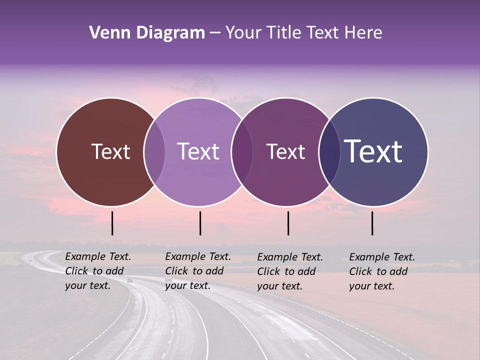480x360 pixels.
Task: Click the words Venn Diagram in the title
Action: tap(147, 33)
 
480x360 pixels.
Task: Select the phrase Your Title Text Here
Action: tap(303, 33)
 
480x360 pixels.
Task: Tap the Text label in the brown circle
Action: tap(110, 151)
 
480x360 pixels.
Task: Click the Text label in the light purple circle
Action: tap(198, 151)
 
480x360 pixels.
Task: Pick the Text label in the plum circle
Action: tap(285, 151)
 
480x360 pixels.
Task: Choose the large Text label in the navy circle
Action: tap(373, 151)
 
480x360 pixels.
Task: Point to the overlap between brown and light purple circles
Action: tap(154, 151)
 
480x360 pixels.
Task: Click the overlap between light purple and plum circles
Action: tap(242, 151)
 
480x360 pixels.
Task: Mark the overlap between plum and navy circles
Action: tap(329, 151)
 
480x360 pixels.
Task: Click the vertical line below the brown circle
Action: tap(112, 223)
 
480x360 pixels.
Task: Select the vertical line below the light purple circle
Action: tap(200, 223)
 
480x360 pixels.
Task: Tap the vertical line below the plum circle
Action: tap(288, 223)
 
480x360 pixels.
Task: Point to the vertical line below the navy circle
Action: tap(372, 223)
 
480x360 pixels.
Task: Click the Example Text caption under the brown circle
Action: tap(97, 271)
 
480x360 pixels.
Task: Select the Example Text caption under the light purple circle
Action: tap(197, 271)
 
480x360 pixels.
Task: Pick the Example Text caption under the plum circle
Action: tap(290, 271)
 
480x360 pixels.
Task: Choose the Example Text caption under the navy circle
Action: tap(382, 271)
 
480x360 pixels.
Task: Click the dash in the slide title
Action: tap(215, 33)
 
